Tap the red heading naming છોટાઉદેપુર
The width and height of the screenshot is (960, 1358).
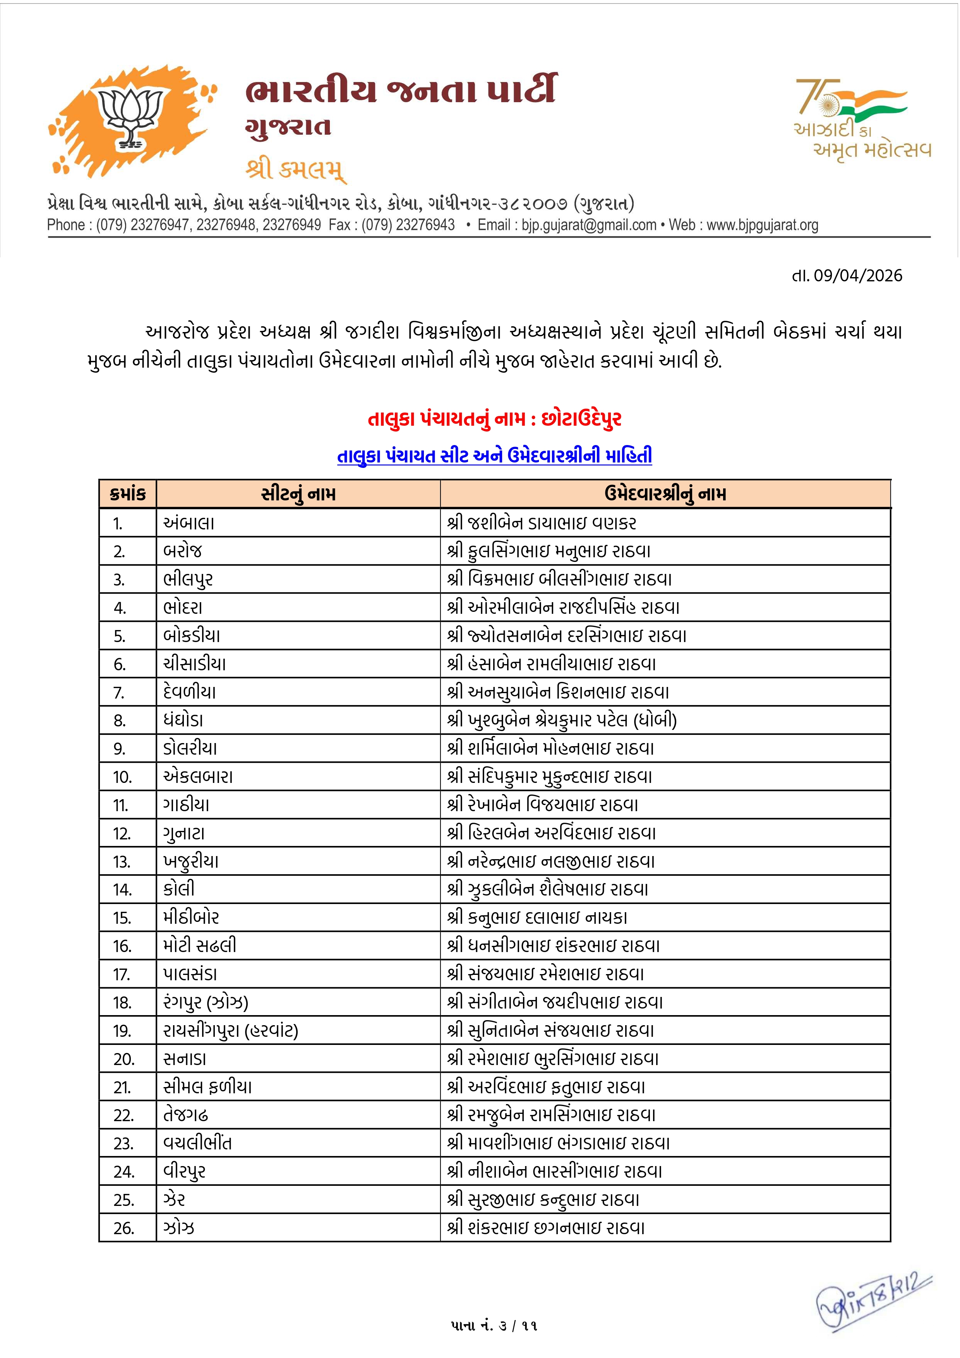point(494,419)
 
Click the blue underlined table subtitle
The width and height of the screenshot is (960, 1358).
point(494,456)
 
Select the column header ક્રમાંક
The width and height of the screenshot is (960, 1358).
point(127,494)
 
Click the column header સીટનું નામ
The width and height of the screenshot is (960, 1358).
point(298,494)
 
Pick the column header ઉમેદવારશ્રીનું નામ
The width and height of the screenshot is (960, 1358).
point(665,494)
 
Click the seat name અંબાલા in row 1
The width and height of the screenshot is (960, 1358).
point(189,523)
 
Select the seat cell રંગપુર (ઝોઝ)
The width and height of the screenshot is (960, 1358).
point(206,1002)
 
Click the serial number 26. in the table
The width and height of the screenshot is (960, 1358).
point(124,1228)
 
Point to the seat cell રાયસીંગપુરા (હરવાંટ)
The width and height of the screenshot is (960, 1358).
point(231,1030)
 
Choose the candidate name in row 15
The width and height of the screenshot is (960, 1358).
point(537,917)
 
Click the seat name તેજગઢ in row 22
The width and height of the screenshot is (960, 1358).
point(186,1115)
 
